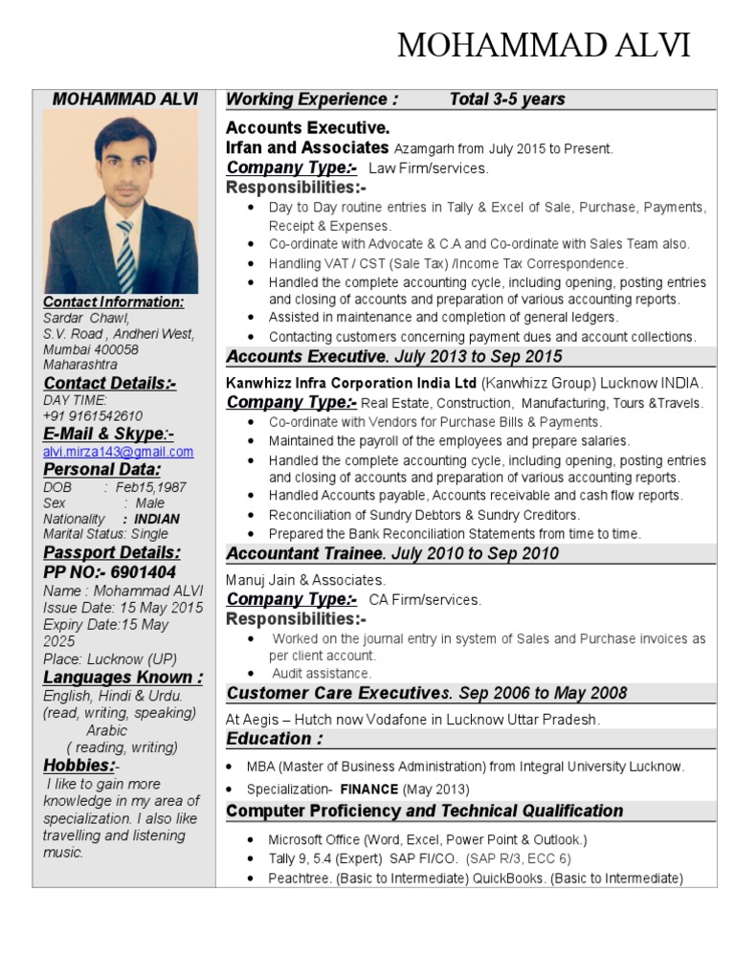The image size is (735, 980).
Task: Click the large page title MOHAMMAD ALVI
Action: [543, 45]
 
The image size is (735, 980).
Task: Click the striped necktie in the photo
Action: [126, 255]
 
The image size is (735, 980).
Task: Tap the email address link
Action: [118, 452]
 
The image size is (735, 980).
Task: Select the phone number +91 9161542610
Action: [93, 416]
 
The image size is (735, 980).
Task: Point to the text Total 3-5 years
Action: [507, 100]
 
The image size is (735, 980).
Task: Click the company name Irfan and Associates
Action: [307, 148]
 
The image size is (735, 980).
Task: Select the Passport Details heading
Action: [111, 553]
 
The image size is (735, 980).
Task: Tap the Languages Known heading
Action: [122, 678]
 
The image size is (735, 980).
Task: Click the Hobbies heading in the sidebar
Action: [78, 766]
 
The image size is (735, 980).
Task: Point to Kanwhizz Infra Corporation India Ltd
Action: [350, 383]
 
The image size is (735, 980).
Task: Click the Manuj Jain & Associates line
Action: [305, 580]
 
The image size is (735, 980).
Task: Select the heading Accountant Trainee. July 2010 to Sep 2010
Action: [392, 554]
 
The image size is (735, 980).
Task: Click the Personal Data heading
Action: [101, 470]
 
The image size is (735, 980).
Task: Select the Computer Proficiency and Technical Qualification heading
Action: [424, 811]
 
